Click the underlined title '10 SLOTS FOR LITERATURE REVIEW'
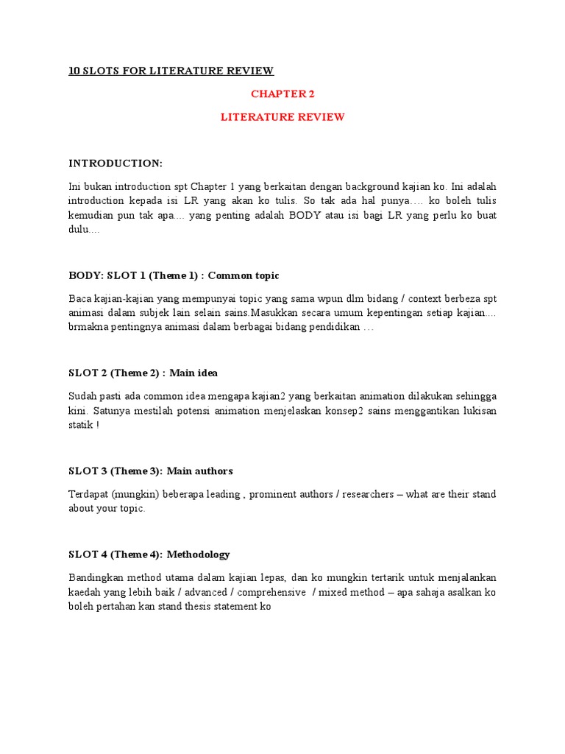click(171, 71)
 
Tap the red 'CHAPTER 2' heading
click(282, 94)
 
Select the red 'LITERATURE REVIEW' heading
click(282, 117)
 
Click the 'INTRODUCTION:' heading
click(116, 163)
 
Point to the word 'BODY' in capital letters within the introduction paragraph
click(306, 215)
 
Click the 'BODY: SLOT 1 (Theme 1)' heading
click(135, 275)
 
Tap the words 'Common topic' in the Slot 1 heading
click(244, 275)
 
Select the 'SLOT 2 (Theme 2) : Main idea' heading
click(143, 373)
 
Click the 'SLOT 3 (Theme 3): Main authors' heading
click(151, 471)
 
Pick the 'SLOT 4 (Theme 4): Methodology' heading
click(149, 554)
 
